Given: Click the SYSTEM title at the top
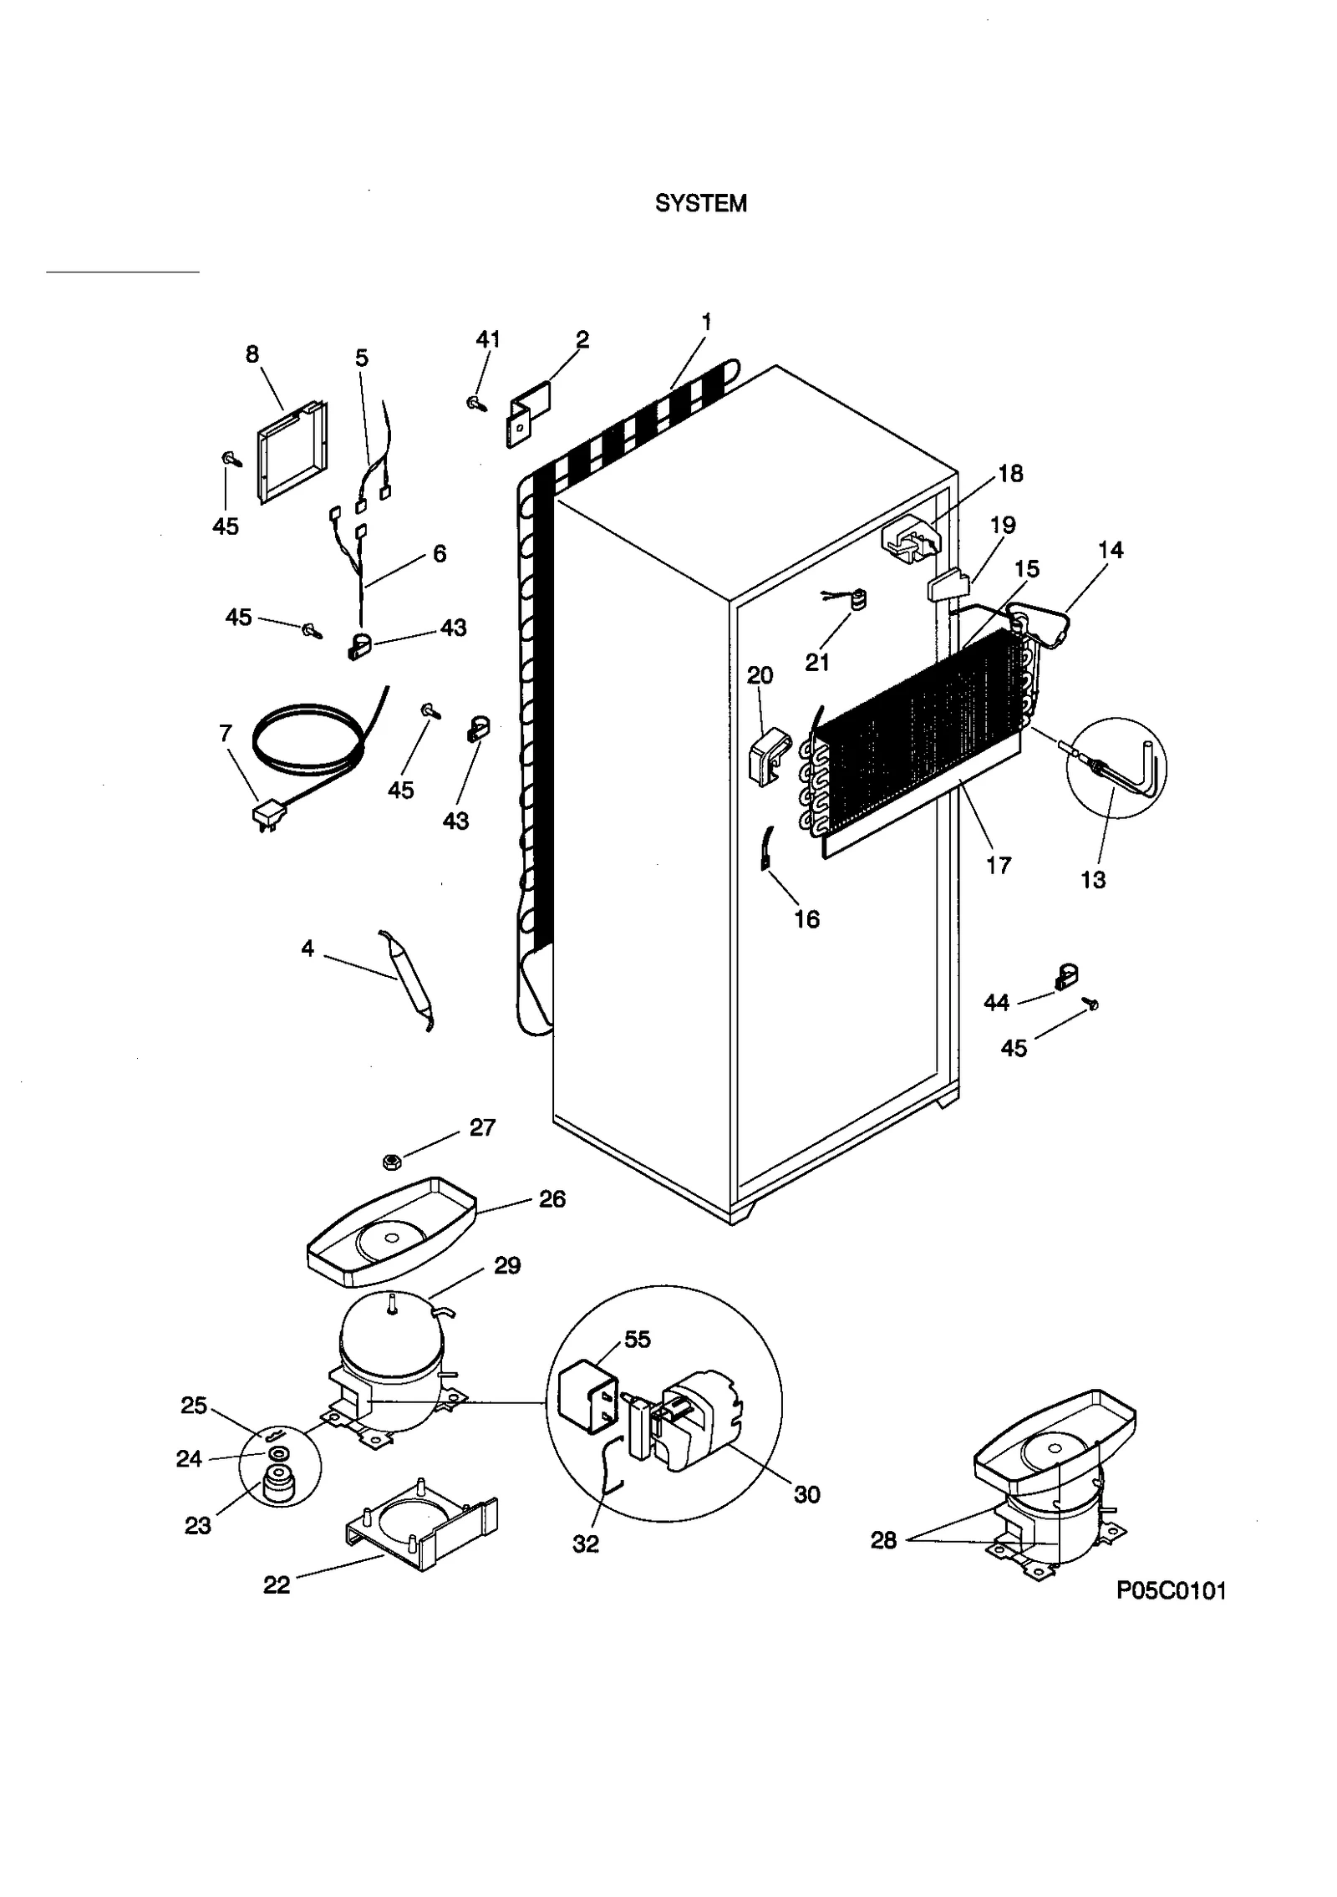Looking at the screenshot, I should [x=700, y=204].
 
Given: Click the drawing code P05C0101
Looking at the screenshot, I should [x=1171, y=1591].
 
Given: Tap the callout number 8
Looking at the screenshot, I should [x=252, y=354].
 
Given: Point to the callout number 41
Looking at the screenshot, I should [x=488, y=339].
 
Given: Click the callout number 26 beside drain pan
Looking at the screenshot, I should [x=552, y=1200].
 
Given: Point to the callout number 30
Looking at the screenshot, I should [x=806, y=1494].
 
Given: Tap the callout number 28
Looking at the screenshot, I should [x=883, y=1540].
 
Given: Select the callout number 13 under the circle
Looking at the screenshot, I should [x=1093, y=880].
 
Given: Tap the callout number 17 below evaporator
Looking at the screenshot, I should [x=999, y=865].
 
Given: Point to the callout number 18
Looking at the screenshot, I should [x=1010, y=474].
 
